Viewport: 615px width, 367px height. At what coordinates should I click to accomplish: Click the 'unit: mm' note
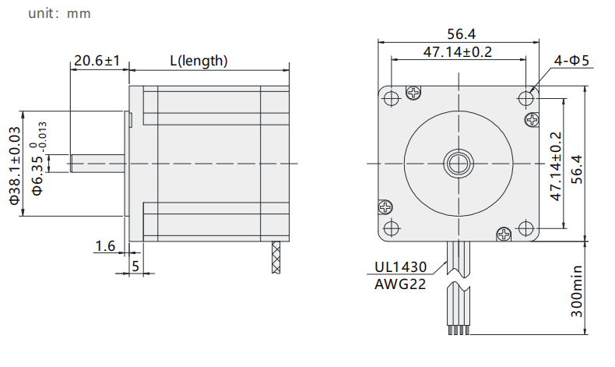click(x=59, y=13)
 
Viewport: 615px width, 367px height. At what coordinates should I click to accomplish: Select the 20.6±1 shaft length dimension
click(x=97, y=61)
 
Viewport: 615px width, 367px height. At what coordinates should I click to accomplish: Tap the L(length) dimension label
click(x=199, y=61)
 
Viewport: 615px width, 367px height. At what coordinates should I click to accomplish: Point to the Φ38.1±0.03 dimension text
click(x=15, y=165)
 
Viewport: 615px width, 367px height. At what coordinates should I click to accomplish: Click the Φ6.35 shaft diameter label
click(x=37, y=159)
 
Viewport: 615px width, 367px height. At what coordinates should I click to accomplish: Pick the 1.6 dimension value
click(x=105, y=246)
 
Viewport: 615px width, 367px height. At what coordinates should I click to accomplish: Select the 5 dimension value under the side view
click(x=135, y=266)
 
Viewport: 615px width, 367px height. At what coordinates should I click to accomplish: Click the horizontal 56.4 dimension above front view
click(x=461, y=34)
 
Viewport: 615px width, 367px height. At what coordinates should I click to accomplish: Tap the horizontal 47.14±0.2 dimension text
click(x=457, y=51)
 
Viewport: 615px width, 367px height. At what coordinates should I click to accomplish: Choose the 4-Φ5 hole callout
click(x=571, y=61)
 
